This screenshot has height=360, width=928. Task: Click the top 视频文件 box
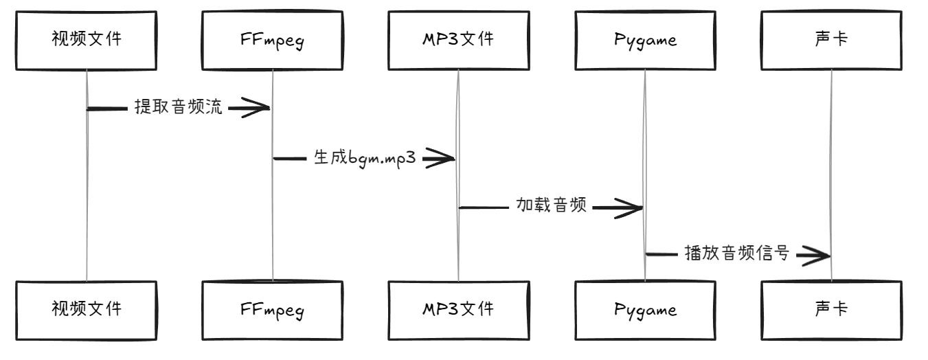tap(87, 40)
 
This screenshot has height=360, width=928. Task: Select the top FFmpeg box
tap(273, 40)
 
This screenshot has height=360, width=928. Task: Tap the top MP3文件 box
tap(458, 40)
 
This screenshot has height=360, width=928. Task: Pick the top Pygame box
tap(644, 40)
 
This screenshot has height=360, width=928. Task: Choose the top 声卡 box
tap(830, 40)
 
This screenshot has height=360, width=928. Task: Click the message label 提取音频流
tap(179, 108)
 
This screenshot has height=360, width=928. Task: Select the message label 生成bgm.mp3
tap(365, 158)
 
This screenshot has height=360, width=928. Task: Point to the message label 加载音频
tap(552, 206)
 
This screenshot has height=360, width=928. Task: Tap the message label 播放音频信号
tap(737, 255)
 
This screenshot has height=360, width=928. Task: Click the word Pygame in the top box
tap(644, 41)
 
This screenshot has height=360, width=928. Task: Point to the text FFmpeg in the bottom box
tap(273, 310)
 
